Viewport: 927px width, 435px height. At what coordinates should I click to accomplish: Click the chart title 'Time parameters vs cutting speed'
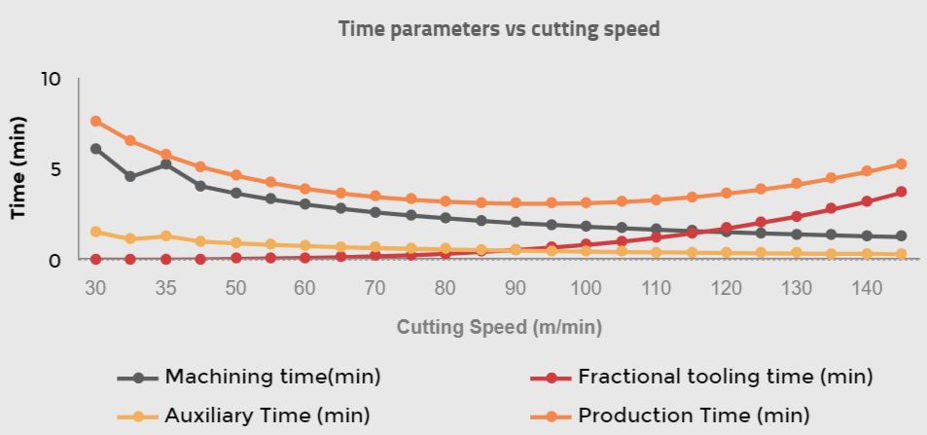[499, 29]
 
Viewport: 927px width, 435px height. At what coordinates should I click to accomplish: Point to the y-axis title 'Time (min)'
[18, 168]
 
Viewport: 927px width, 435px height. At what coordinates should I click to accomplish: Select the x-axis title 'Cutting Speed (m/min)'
[499, 327]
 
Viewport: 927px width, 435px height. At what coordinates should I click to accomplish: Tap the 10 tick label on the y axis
[51, 79]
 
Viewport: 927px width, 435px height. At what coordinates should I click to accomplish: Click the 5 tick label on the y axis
[54, 169]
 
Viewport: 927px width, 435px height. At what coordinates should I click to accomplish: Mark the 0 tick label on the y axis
[54, 260]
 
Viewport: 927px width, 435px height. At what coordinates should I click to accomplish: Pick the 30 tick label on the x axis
[95, 288]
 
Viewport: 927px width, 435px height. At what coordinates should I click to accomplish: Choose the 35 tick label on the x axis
[165, 288]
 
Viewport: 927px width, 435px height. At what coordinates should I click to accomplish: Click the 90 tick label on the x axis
[516, 288]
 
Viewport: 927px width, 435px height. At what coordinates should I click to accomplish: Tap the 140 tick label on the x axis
[866, 288]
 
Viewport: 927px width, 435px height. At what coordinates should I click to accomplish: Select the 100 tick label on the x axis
[586, 288]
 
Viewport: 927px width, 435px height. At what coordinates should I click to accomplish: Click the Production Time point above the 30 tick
[95, 122]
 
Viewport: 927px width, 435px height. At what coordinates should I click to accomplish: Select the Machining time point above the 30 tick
[95, 149]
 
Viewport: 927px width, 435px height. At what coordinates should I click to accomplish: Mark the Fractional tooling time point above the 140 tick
[867, 201]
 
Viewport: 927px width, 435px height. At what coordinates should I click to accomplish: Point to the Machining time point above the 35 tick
[165, 164]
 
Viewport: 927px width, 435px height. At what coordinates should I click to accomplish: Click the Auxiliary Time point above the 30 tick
[95, 232]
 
